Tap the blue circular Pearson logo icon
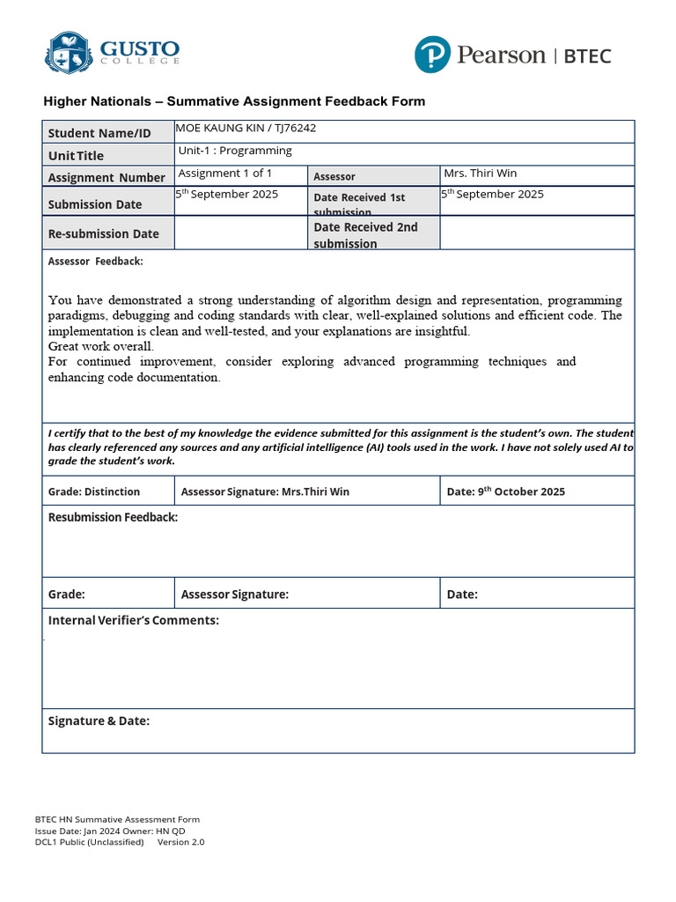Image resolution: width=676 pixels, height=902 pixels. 432,55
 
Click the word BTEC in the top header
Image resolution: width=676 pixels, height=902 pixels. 587,56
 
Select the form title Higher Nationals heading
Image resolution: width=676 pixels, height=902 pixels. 234,101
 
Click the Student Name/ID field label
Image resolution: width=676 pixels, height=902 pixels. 99,133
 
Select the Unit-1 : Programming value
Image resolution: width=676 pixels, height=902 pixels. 235,151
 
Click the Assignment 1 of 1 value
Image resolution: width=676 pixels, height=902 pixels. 225,174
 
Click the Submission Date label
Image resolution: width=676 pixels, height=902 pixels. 94,204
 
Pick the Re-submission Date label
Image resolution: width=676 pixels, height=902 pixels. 103,233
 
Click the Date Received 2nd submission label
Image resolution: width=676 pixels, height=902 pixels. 365,234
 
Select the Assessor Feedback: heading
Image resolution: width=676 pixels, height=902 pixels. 95,262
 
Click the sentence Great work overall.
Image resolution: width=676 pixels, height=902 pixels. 101,346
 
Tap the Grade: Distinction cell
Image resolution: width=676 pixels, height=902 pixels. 94,492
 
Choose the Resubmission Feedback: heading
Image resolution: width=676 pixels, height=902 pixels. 113,517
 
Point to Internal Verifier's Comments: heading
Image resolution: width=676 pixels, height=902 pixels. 133,620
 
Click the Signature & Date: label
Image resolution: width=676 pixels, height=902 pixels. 99,721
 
